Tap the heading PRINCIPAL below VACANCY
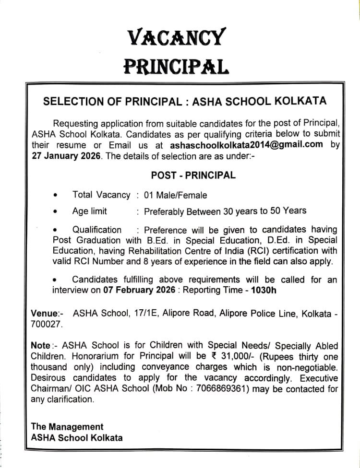pyautogui.click(x=176, y=66)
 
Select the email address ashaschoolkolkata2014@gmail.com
pyautogui.click(x=246, y=145)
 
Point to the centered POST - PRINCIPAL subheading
pyautogui.click(x=193, y=175)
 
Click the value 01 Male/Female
pyautogui.click(x=176, y=195)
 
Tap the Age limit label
pyautogui.click(x=90, y=211)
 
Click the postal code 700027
pyautogui.click(x=46, y=325)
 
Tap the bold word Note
pyautogui.click(x=40, y=346)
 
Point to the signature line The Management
pyautogui.click(x=67, y=427)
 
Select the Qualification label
pyautogui.click(x=97, y=230)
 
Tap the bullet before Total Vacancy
pyautogui.click(x=56, y=196)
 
